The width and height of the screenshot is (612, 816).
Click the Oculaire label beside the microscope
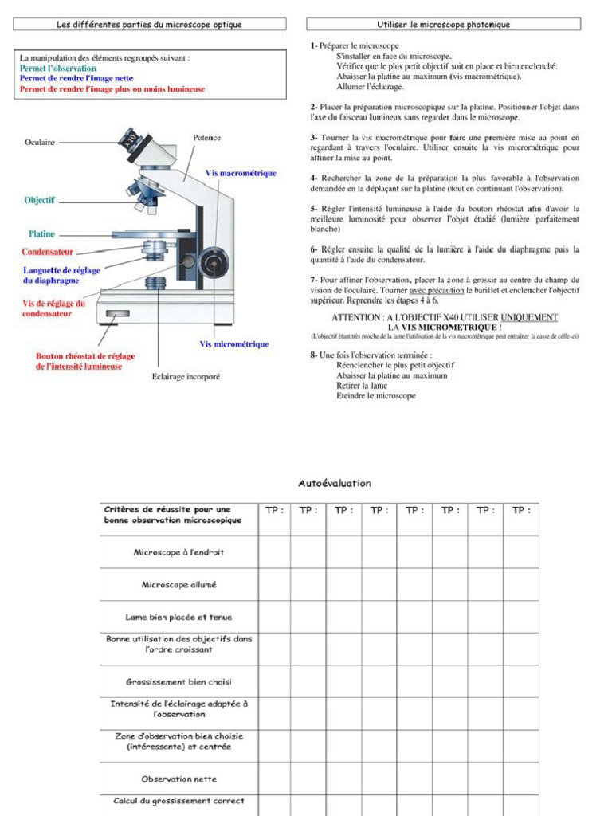point(40,143)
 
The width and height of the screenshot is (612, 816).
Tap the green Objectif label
point(39,201)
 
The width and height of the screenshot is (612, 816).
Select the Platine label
point(42,234)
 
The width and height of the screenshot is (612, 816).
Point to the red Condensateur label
point(47,252)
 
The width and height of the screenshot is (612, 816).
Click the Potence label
point(207,138)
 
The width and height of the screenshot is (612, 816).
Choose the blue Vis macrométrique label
point(241,173)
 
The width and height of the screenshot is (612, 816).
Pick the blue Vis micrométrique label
point(233,344)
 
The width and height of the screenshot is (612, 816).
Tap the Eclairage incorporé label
point(186,376)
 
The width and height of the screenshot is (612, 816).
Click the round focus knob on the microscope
point(212,260)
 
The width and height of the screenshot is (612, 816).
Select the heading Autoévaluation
point(335,483)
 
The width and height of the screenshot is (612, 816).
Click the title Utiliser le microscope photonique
point(443,25)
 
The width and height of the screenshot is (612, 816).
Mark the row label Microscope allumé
point(178,584)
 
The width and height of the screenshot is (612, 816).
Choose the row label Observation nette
point(178,779)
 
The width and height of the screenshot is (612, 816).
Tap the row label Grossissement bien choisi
point(178,682)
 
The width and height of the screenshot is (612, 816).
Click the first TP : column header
point(274,511)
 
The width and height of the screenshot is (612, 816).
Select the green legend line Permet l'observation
point(58,69)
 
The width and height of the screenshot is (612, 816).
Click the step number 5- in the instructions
point(314,209)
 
